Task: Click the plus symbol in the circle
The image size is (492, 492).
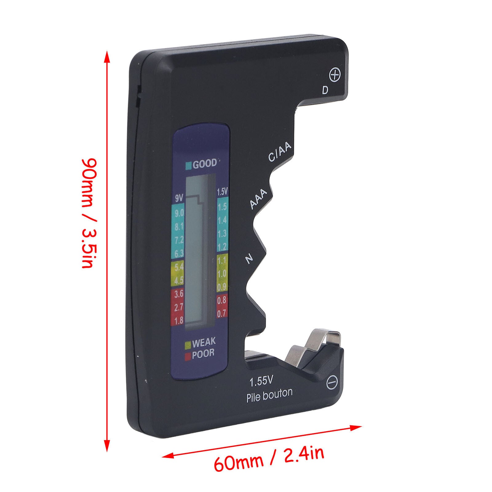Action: (x=335, y=75)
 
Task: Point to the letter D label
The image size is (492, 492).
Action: (x=325, y=90)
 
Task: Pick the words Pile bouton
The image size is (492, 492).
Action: (x=269, y=396)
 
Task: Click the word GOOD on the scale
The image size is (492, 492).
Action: (x=204, y=164)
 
